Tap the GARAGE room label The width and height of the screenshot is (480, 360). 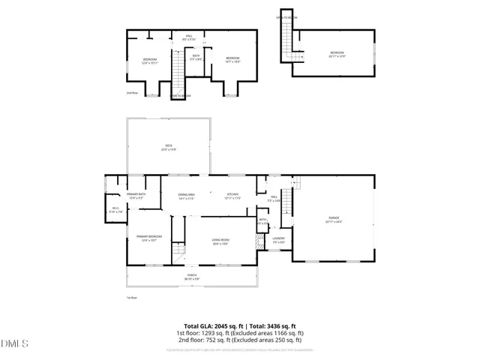coord(334,219)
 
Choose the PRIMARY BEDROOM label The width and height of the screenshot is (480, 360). coord(146,238)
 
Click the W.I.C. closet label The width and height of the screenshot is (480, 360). coord(115,210)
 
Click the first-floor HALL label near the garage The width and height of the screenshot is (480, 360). coord(274,199)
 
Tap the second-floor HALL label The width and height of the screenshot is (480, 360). coord(190,37)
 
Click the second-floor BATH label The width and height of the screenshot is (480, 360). coord(196,57)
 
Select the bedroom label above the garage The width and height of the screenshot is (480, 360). coord(336,54)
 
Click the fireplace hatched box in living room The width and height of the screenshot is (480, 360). coord(259,242)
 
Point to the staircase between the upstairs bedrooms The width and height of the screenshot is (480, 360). coord(178,72)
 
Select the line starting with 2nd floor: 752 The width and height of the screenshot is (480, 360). coord(239,338)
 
